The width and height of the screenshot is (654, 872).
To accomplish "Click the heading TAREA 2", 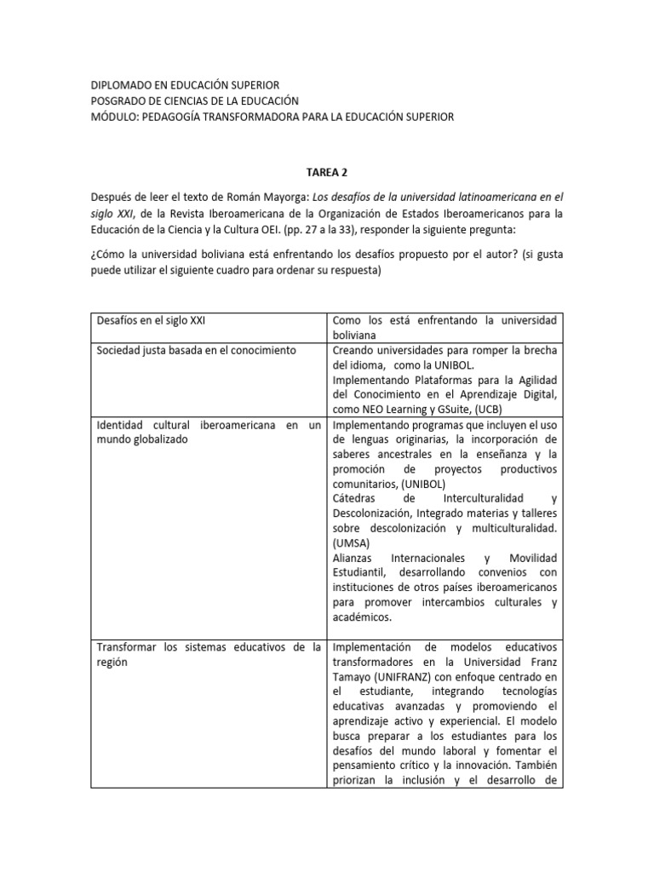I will pyautogui.click(x=326, y=169).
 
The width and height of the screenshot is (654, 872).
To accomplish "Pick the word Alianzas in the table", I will pyautogui.click(x=353, y=557).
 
